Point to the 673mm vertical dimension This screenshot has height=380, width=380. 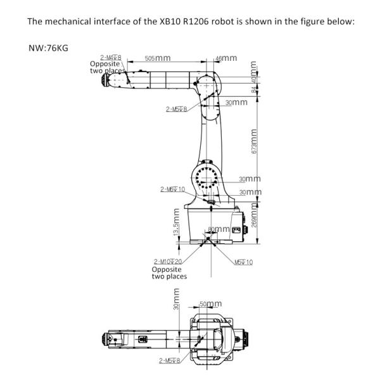click(x=254, y=142)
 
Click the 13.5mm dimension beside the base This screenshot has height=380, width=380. click(x=176, y=224)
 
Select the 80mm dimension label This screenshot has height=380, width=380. click(x=219, y=229)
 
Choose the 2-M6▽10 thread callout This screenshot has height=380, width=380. click(x=173, y=189)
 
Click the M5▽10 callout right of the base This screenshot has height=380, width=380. click(x=243, y=262)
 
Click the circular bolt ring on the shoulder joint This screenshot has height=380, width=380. click(x=206, y=179)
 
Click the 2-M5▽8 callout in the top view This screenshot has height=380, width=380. click(x=170, y=360)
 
